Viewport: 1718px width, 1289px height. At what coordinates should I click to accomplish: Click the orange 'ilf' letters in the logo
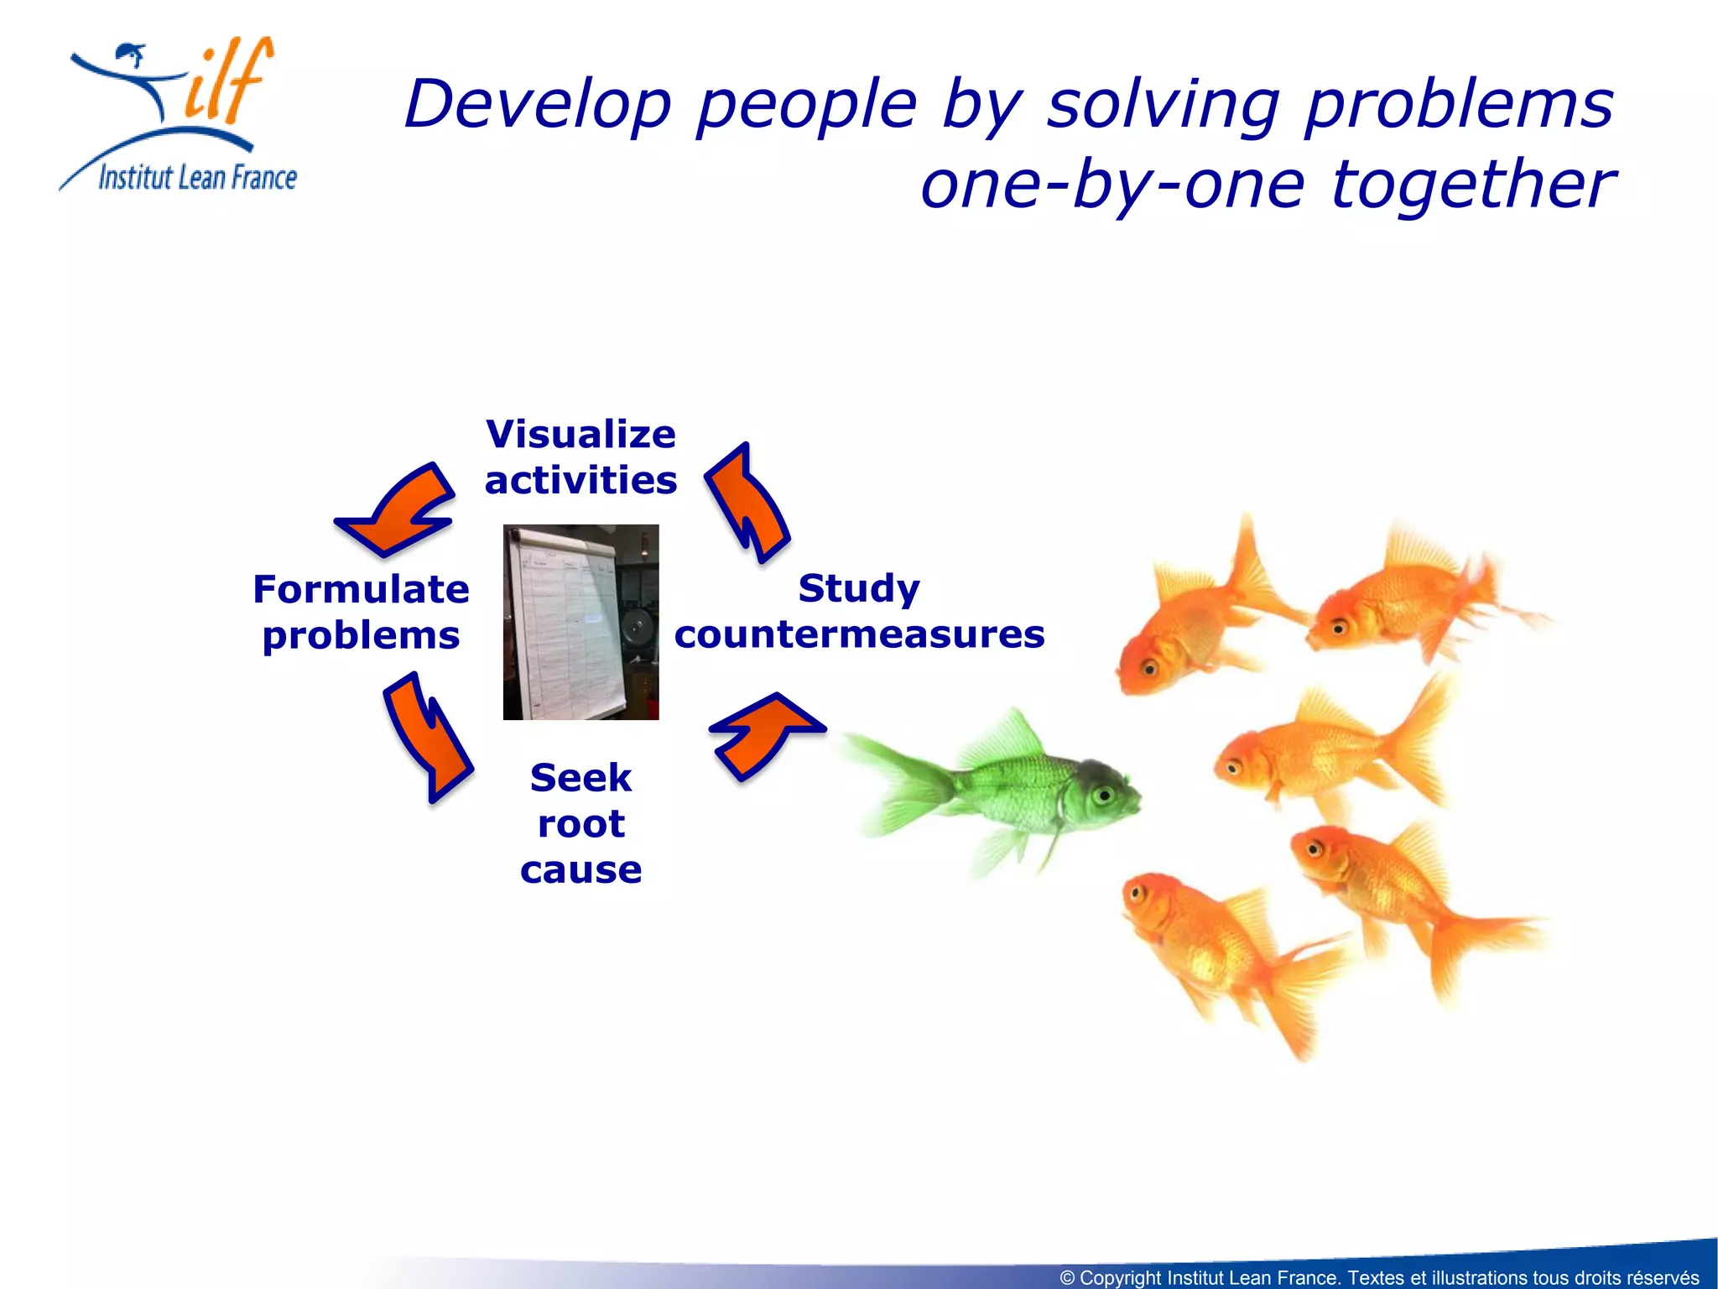(x=226, y=84)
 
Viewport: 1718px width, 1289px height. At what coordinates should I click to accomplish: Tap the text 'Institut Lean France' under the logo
(x=197, y=178)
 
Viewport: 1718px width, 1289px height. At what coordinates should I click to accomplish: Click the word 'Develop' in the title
(x=537, y=105)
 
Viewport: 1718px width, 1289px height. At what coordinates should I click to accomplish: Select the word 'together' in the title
(x=1473, y=185)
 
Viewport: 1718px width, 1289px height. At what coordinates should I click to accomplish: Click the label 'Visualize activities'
(x=580, y=457)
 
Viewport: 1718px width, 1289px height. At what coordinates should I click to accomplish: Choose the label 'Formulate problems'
(x=361, y=612)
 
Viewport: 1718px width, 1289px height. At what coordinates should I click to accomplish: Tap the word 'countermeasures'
(x=859, y=634)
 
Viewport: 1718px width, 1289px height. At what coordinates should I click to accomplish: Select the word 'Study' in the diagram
(x=859, y=587)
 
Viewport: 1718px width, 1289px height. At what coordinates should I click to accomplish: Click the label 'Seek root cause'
(x=580, y=823)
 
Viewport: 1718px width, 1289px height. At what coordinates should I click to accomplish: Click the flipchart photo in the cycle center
(x=580, y=622)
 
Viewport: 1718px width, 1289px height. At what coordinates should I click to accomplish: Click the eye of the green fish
(x=1104, y=795)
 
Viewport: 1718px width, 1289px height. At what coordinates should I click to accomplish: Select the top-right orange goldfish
(x=1409, y=600)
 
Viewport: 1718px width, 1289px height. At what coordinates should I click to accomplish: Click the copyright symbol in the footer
(x=1067, y=1278)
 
